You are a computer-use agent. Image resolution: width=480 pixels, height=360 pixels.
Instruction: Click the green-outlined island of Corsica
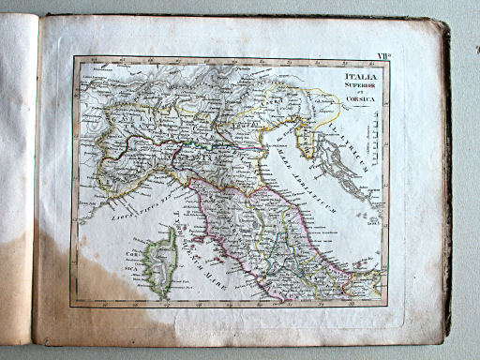pyautogui.click(x=158, y=262)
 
